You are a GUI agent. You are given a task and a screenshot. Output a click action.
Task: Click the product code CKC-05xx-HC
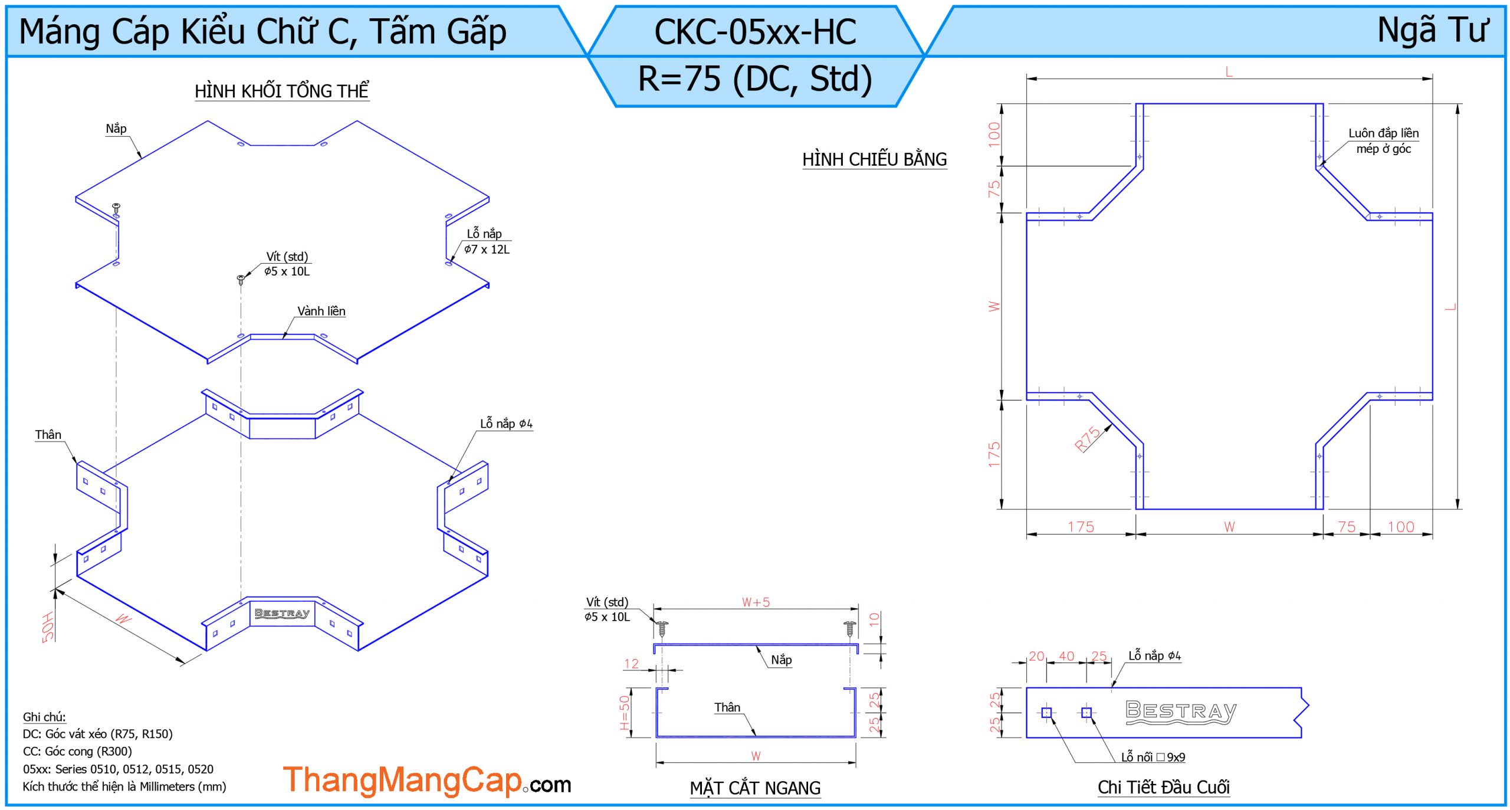pos(755,32)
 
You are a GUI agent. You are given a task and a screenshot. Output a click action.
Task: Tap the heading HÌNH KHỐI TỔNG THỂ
pos(281,91)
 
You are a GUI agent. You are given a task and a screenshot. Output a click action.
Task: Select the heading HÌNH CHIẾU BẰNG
pos(874,159)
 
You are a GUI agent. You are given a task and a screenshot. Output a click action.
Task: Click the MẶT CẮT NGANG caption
pos(755,788)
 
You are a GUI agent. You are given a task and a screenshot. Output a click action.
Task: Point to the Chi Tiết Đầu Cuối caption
pos(1163,787)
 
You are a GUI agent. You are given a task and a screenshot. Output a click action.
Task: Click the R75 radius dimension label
pos(1087,439)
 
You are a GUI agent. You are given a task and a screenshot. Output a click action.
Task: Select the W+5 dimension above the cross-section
pos(756,602)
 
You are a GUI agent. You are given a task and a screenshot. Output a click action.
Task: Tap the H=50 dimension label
pos(625,712)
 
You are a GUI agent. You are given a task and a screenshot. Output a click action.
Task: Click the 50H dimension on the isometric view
pos(48,627)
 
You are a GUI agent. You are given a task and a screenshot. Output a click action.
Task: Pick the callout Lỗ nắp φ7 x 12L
pos(486,241)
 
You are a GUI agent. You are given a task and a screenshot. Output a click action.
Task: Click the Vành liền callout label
pos(321,311)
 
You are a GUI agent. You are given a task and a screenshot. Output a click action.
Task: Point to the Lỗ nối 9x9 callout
pos(1153,757)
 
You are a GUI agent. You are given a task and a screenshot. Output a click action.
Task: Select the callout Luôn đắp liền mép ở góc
pos(1383,141)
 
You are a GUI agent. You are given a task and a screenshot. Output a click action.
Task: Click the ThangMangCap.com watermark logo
pos(426,781)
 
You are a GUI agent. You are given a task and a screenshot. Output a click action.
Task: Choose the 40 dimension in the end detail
pos(1066,656)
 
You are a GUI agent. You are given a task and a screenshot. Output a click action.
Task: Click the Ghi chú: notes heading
pos(44,717)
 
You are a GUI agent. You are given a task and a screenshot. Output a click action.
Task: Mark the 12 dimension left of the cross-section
pos(631,664)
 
